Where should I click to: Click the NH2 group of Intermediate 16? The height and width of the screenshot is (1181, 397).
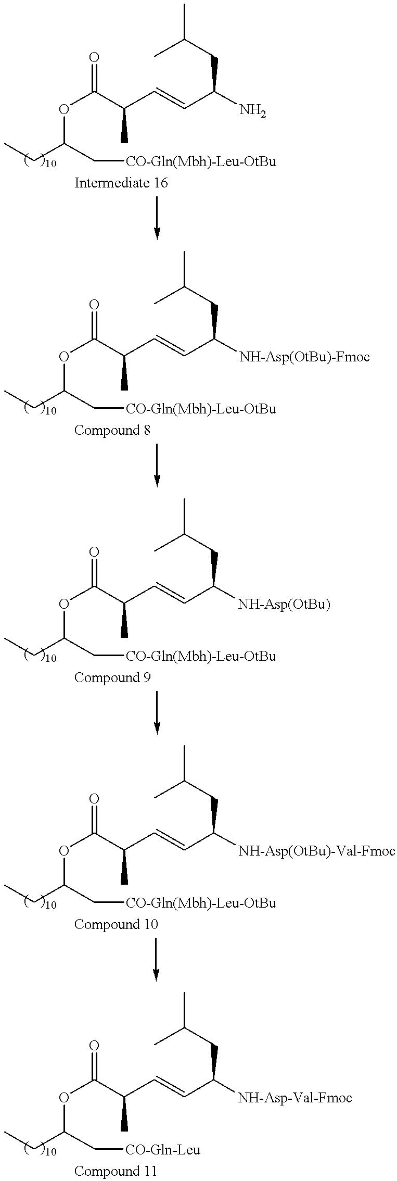252,110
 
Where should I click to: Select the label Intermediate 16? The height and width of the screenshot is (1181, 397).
121,183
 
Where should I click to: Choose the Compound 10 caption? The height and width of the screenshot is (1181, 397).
116,924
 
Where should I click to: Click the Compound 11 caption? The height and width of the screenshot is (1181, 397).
116,1172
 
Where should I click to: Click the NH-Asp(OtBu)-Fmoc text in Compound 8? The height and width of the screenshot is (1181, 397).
304,357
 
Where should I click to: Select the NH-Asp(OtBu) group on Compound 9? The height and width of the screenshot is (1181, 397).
284,604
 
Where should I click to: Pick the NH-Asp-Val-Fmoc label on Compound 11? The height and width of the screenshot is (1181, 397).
295,1098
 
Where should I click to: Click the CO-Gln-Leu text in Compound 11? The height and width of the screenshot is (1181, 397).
163,1149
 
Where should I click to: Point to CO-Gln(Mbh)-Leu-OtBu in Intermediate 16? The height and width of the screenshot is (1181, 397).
201,161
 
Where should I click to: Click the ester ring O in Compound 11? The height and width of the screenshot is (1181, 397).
64,1097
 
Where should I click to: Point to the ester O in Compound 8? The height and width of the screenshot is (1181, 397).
64,357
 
